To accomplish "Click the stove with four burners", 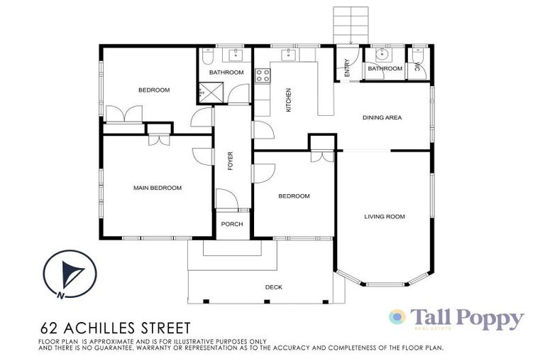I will pos(262,75).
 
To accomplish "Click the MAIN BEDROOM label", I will pos(158,188).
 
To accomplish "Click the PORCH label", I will pos(231,224).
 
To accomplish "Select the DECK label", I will pos(273,287).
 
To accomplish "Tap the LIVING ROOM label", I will pos(384,216).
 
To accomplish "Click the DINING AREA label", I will pos(382,117).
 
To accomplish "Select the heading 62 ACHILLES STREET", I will pos(114,328).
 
